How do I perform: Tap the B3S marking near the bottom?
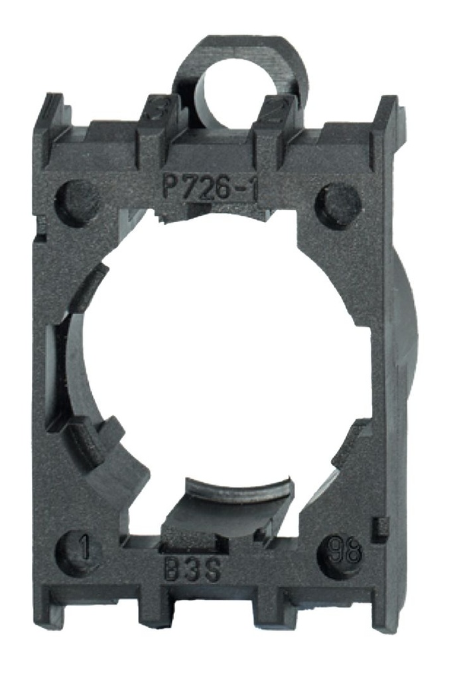tap(192, 572)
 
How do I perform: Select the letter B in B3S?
tap(172, 572)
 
